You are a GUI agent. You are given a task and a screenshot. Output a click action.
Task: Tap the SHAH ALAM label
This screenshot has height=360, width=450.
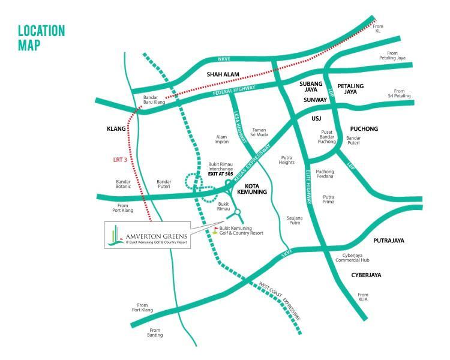pyautogui.click(x=223, y=75)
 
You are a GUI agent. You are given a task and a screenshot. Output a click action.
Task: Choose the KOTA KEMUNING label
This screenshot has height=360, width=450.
pyautogui.click(x=260, y=190)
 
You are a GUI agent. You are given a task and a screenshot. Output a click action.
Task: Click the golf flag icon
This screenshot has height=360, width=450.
pyautogui.click(x=216, y=229)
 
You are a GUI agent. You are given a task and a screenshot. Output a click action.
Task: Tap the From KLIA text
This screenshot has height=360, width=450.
pyautogui.click(x=362, y=297)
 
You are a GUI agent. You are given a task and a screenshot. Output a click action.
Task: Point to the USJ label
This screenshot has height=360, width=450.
pyautogui.click(x=317, y=119)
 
